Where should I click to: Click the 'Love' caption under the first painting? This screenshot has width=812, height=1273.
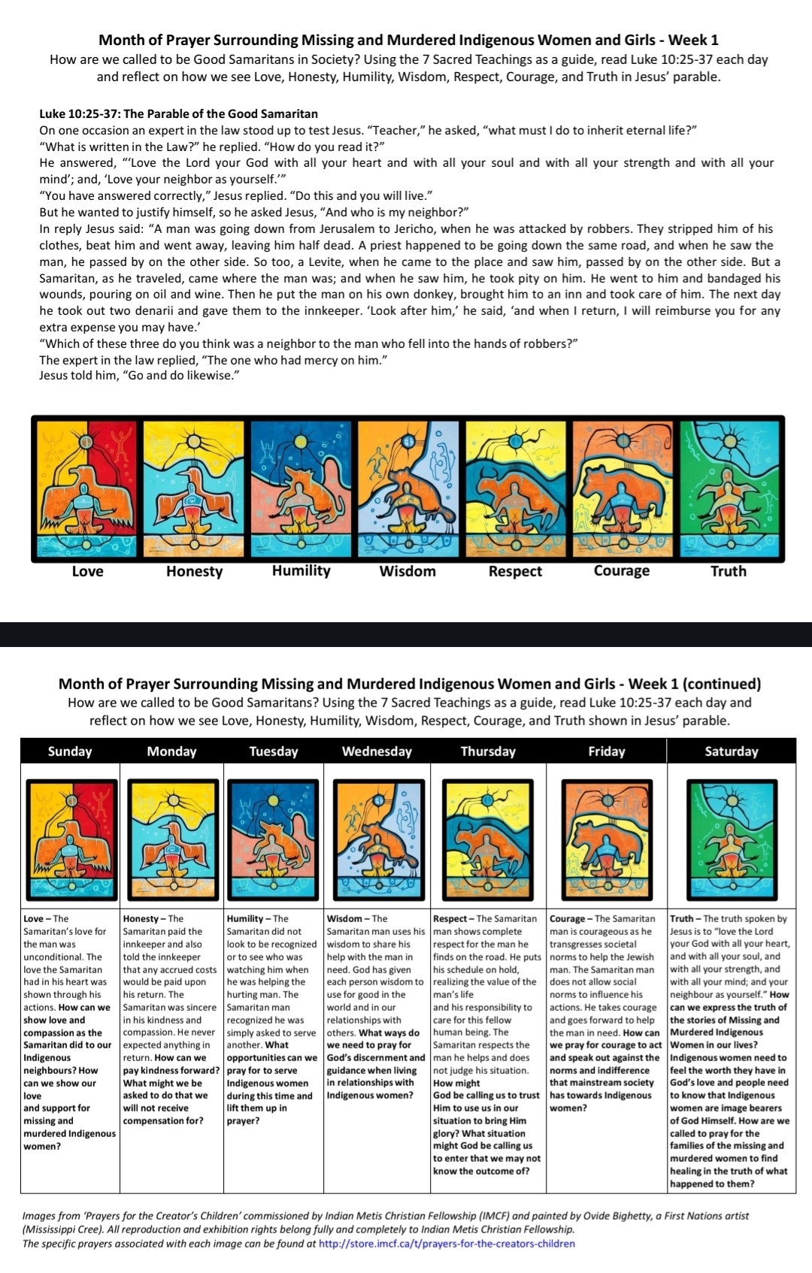coord(87,571)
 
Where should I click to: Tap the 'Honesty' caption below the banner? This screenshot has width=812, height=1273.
coord(194,571)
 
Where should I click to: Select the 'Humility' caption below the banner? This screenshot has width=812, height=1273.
coord(301,570)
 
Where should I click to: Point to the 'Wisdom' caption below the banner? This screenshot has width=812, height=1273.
coord(408,571)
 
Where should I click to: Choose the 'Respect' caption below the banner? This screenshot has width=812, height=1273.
coord(515,571)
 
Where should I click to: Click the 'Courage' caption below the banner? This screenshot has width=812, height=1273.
coord(621,570)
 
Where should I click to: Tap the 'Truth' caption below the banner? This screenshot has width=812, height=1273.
coord(728,571)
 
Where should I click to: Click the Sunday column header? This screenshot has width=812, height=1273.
coord(70,751)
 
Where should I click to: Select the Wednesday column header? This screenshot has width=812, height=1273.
coord(377,751)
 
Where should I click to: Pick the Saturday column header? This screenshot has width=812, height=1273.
coord(731,751)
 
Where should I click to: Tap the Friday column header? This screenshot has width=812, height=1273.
coord(606,751)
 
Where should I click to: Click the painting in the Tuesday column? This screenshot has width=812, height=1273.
coord(274,833)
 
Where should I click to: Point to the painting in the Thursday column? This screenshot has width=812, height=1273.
coord(488,833)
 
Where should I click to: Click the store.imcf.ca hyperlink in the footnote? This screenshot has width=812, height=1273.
coord(447,1243)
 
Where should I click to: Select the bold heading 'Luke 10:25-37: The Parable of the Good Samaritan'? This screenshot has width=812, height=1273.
coord(178,114)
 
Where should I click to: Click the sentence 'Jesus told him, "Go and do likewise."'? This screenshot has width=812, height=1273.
coord(139,376)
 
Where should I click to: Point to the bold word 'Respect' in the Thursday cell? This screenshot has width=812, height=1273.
coord(452,918)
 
